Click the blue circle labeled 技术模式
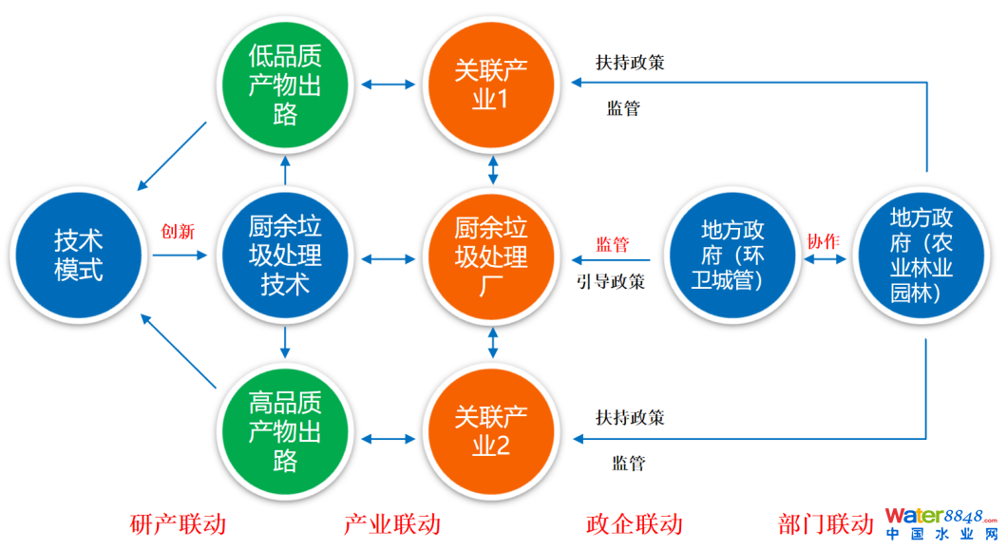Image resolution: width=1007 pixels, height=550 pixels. (78, 254)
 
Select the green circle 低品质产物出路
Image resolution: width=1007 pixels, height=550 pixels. (284, 85)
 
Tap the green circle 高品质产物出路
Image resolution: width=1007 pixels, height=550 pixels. (284, 429)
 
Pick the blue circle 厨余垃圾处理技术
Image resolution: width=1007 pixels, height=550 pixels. (284, 255)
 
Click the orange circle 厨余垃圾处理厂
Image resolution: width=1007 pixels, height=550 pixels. (491, 255)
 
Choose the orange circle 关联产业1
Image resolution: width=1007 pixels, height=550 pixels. (491, 84)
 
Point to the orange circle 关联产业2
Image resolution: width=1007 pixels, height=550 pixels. (491, 429)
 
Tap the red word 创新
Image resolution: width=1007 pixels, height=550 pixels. (178, 232)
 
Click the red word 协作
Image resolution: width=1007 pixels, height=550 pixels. (823, 241)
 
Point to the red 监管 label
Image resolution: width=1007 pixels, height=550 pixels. (612, 245)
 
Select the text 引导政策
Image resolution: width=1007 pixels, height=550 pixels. (611, 281)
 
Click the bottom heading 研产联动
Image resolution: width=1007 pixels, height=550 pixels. (178, 523)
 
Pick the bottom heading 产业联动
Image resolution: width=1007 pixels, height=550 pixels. (391, 523)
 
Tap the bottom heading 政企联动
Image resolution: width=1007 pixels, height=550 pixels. (634, 523)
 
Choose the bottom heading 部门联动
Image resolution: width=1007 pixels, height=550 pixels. (825, 523)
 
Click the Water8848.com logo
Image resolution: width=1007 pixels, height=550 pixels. (940, 523)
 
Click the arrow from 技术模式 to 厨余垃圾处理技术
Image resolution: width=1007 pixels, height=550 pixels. (179, 255)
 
